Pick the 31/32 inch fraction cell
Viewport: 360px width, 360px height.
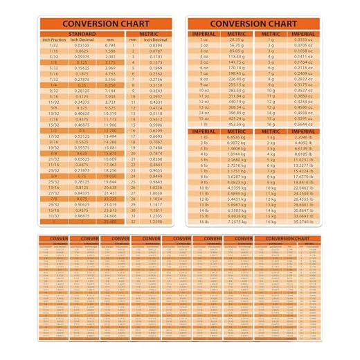tap(53, 215)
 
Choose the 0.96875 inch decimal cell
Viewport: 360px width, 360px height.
tap(82, 215)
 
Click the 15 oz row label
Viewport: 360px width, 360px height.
tap(204, 118)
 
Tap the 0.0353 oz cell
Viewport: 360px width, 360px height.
tap(303, 39)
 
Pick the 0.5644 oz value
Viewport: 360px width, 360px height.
tap(303, 125)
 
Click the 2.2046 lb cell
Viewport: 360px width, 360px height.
tap(303, 137)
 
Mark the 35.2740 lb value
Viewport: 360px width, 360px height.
tap(303, 222)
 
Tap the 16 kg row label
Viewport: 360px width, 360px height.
tap(271, 222)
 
